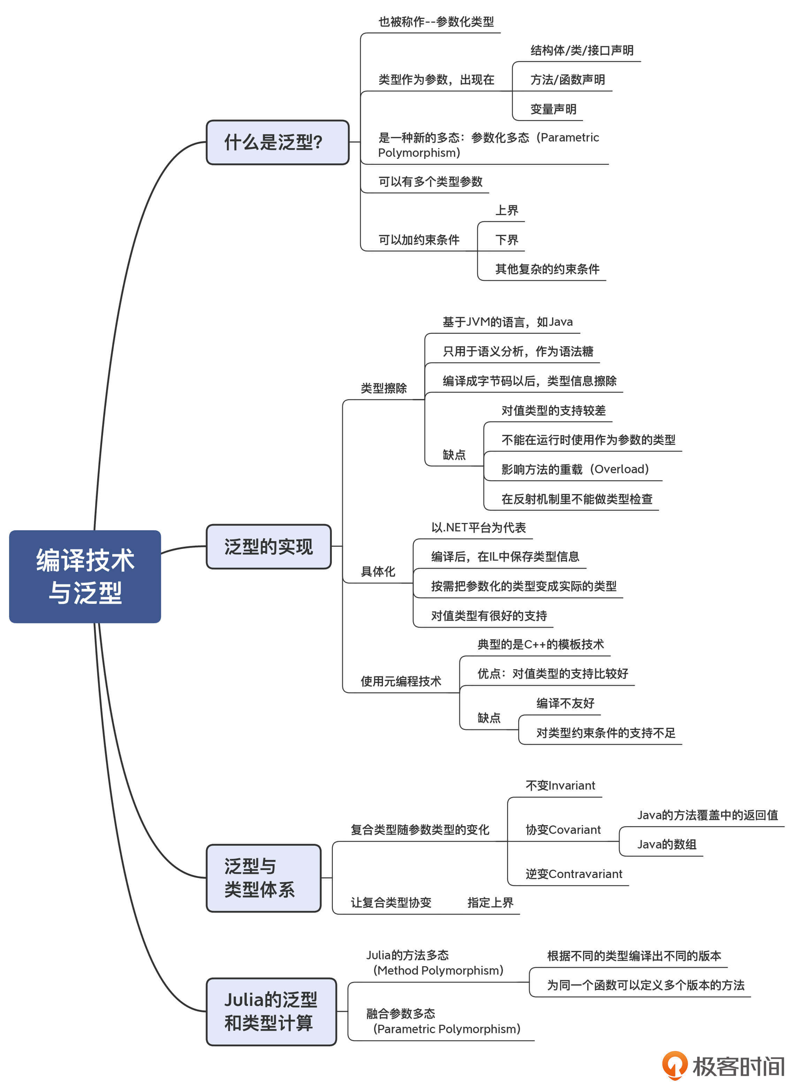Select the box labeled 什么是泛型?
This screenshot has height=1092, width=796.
pos(277,142)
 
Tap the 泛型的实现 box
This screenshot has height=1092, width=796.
pos(268,546)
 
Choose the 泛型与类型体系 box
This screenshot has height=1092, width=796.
pos(263,878)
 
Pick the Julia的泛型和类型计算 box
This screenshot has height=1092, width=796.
pos(271,1011)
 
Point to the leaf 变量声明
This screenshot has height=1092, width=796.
pos(553,109)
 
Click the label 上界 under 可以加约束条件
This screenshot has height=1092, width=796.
pos(506,210)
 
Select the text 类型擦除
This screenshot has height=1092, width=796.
pos(384,388)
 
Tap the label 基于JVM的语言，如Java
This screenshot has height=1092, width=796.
pos(507,322)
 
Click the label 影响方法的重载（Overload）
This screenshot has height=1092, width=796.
pos(575,469)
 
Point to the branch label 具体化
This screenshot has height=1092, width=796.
pos(378,572)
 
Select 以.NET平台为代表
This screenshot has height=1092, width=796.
pos(478,528)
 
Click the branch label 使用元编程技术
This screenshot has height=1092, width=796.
pos(400,681)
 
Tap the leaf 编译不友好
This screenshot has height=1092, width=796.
pos(565,703)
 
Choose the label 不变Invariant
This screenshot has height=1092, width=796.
pos(560,786)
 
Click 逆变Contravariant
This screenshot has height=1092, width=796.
pos(573,874)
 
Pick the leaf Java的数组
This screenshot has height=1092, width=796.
pos(666,844)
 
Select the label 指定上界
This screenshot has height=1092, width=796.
pos(490,903)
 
